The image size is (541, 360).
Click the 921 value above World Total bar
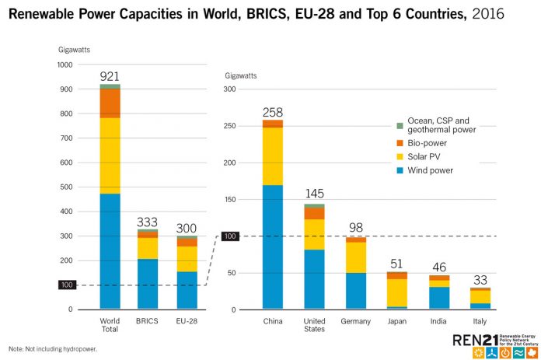click(x=110, y=76)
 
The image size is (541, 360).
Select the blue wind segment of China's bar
click(x=273, y=246)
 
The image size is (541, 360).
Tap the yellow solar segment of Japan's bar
click(x=396, y=292)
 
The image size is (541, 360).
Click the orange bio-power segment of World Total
click(x=110, y=103)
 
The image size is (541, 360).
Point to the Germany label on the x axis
click(x=355, y=321)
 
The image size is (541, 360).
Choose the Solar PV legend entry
click(x=418, y=157)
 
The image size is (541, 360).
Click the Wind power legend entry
click(x=424, y=170)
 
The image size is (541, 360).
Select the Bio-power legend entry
click(x=421, y=143)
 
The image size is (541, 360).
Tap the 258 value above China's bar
click(x=273, y=113)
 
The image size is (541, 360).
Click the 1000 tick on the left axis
click(x=65, y=65)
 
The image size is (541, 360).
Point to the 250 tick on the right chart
click(x=229, y=126)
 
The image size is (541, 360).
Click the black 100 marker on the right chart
click(x=230, y=236)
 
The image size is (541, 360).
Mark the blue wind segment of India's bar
click(x=439, y=298)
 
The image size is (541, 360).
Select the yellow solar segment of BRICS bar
click(x=148, y=248)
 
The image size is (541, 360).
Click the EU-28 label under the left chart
click(x=187, y=321)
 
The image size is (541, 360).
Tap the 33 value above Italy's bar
click(x=480, y=280)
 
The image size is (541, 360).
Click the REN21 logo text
click(x=475, y=341)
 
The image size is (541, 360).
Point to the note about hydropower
click(x=53, y=349)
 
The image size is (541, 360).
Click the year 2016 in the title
click(x=488, y=14)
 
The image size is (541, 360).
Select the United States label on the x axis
click(x=314, y=325)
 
